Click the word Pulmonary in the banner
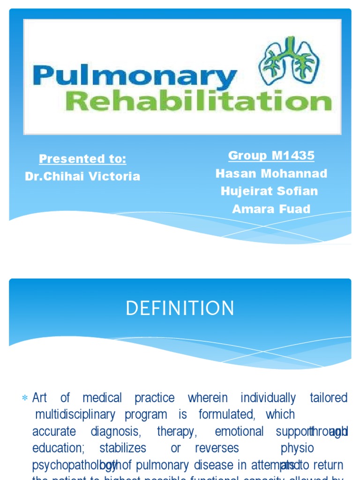(x=135, y=78)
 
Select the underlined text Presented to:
(x=82, y=159)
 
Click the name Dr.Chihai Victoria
(x=82, y=176)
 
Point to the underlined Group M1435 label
(x=271, y=156)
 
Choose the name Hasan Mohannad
(x=271, y=173)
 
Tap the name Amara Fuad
(x=271, y=209)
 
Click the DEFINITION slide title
(x=180, y=309)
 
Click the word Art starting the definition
(x=40, y=398)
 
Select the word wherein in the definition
(x=208, y=398)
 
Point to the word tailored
(x=329, y=398)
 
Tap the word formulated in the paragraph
(x=226, y=414)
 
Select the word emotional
(x=239, y=431)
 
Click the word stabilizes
(x=123, y=448)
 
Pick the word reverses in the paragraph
(x=217, y=448)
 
